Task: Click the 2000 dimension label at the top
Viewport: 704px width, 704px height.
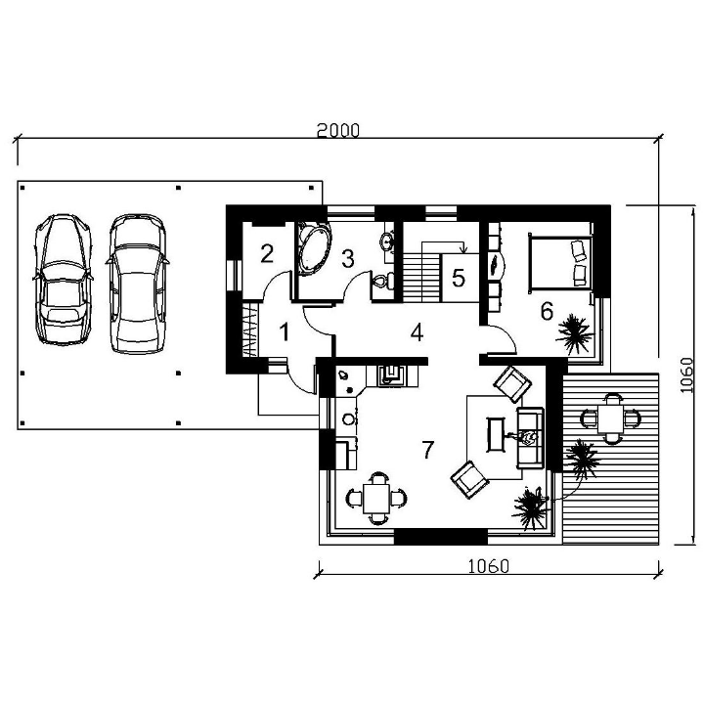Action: pyautogui.click(x=338, y=130)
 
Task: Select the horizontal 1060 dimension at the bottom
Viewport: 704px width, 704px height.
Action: pyautogui.click(x=489, y=566)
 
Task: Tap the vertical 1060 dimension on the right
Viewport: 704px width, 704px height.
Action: pyautogui.click(x=686, y=374)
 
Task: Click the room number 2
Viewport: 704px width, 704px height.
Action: pyautogui.click(x=267, y=253)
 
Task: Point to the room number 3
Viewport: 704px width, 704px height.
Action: pyautogui.click(x=348, y=258)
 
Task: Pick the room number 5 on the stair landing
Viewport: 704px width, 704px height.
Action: pyautogui.click(x=459, y=278)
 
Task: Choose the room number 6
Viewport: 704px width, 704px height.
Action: pyautogui.click(x=547, y=311)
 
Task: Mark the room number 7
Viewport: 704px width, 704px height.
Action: pyautogui.click(x=428, y=450)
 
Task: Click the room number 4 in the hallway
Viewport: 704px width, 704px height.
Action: pyautogui.click(x=418, y=332)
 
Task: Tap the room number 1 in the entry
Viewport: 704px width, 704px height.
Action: pyautogui.click(x=285, y=332)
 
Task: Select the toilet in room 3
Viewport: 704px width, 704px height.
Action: pyautogui.click(x=383, y=282)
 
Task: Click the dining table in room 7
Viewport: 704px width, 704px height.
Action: pyautogui.click(x=376, y=498)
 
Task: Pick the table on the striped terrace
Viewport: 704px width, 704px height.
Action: pyautogui.click(x=611, y=418)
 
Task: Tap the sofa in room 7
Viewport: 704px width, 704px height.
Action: pyautogui.click(x=530, y=438)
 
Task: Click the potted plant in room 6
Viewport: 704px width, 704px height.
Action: pyautogui.click(x=575, y=334)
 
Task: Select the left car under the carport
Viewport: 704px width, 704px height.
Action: pyautogui.click(x=64, y=280)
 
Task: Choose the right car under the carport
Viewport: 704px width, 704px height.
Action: pyautogui.click(x=138, y=284)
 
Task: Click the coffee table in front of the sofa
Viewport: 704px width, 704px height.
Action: pyautogui.click(x=496, y=434)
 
